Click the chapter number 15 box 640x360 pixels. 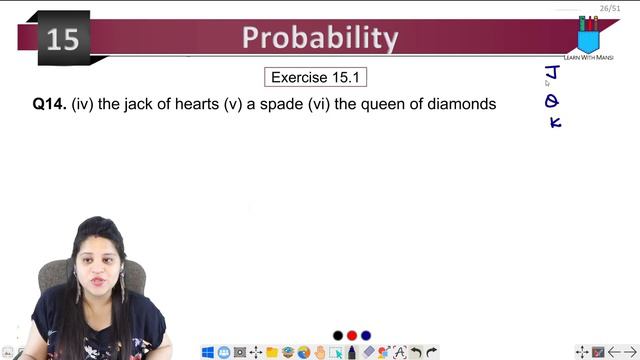pyautogui.click(x=63, y=39)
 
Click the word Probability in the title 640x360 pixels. pyautogui.click(x=320, y=38)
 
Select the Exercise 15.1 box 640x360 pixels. pyautogui.click(x=310, y=77)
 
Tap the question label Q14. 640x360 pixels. pyautogui.click(x=49, y=103)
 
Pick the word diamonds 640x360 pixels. pyautogui.click(x=460, y=103)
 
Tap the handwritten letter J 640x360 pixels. pyautogui.click(x=551, y=73)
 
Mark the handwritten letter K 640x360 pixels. pyautogui.click(x=555, y=122)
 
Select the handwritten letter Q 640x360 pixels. pyautogui.click(x=551, y=100)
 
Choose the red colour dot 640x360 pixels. pyautogui.click(x=352, y=335)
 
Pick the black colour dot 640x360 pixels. pyautogui.click(x=338, y=335)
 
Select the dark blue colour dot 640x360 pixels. pyautogui.click(x=366, y=335)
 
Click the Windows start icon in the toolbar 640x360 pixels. pyautogui.click(x=208, y=352)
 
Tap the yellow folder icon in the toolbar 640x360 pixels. pyautogui.click(x=272, y=352)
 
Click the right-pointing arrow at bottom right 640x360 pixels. pyautogui.click(x=630, y=352)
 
